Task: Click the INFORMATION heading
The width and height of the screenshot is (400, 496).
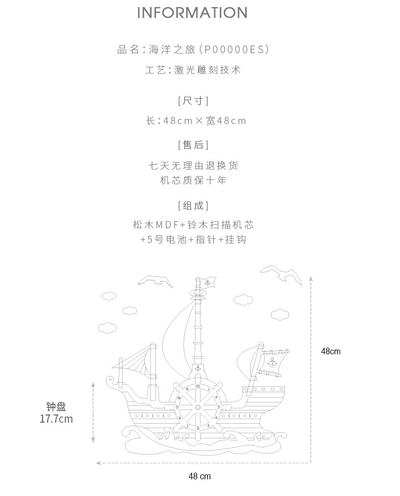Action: tap(192, 13)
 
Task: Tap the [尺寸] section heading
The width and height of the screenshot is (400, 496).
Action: tap(193, 101)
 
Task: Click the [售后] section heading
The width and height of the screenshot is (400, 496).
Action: tap(193, 145)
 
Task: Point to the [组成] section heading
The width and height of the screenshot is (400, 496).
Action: tap(193, 205)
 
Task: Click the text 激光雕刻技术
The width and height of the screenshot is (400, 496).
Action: tap(207, 70)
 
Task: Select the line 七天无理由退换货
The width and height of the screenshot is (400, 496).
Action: tap(193, 166)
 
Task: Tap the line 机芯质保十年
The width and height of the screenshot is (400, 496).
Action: tap(193, 180)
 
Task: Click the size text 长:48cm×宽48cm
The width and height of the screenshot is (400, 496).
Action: tap(196, 121)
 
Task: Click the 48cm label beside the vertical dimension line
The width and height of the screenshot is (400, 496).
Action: tap(331, 351)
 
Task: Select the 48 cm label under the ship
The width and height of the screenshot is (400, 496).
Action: tap(199, 476)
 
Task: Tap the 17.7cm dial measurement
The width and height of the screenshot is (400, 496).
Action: tap(56, 419)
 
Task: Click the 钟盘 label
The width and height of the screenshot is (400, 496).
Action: tap(56, 406)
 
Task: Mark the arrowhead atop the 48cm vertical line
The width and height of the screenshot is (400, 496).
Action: tap(311, 278)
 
